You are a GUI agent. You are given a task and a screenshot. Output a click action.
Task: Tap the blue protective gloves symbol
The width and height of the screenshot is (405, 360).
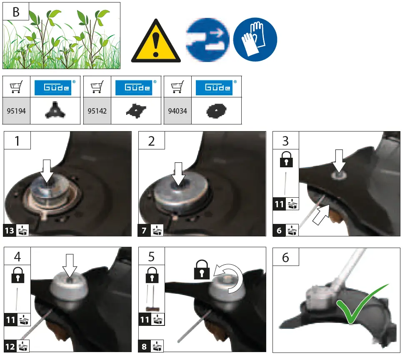(255, 40)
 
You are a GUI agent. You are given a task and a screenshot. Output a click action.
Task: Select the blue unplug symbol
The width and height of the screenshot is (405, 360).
(207, 40)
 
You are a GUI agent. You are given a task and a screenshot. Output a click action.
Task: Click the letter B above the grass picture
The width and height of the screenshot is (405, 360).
(16, 12)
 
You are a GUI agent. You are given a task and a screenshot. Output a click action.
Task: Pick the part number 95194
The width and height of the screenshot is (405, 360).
(17, 111)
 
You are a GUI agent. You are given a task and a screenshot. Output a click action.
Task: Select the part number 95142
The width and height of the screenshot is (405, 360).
(97, 111)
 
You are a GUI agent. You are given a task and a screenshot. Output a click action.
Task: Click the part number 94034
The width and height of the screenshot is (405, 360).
(177, 111)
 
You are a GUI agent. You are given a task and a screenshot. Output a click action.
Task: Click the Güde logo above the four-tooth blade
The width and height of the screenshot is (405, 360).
(136, 87)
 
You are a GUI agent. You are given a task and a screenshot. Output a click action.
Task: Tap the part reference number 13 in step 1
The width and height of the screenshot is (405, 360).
(10, 230)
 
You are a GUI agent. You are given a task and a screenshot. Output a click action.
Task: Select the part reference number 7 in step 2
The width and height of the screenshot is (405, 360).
(143, 230)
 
